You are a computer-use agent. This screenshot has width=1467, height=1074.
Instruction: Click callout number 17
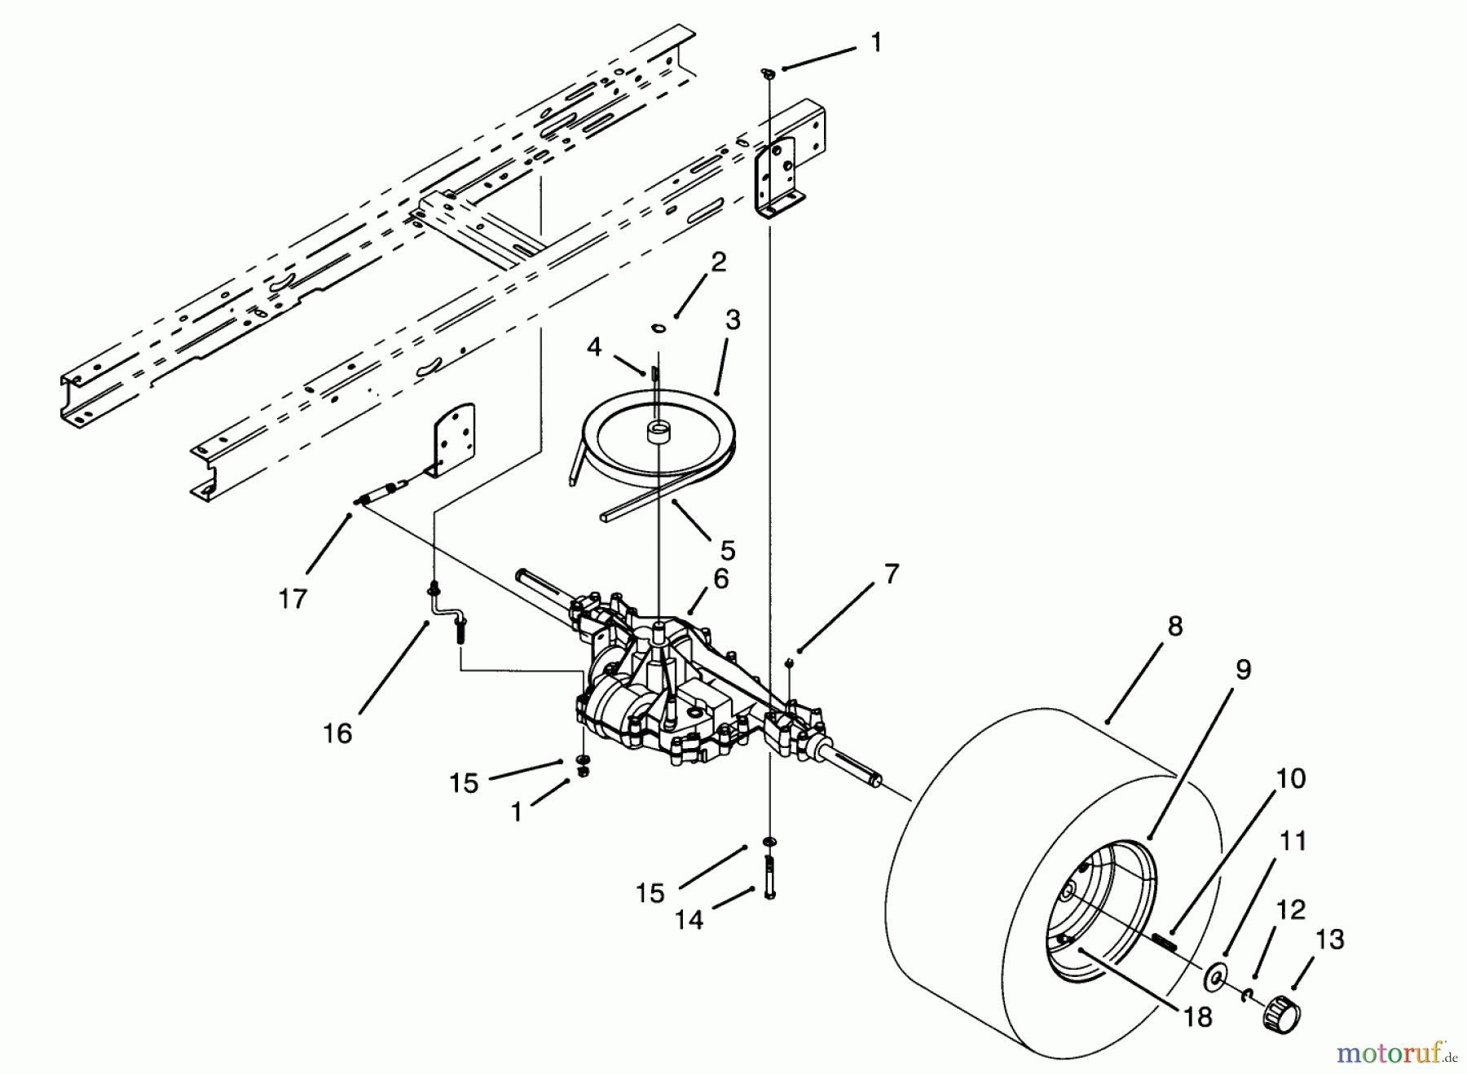293,599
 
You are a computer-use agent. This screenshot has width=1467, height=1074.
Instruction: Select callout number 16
337,733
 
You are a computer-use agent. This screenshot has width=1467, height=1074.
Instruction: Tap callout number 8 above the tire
1174,627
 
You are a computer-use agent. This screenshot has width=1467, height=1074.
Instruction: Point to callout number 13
1330,940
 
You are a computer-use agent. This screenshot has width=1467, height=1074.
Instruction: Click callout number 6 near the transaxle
720,579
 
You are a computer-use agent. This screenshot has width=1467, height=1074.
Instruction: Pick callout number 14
689,920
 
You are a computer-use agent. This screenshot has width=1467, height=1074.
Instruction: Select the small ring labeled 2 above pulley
659,328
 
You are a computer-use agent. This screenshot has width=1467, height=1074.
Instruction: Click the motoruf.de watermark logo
1395,1053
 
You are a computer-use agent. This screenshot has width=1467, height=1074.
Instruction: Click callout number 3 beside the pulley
733,321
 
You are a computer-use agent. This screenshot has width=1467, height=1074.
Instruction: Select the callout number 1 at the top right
876,43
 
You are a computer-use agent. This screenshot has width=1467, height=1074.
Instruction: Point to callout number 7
892,574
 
